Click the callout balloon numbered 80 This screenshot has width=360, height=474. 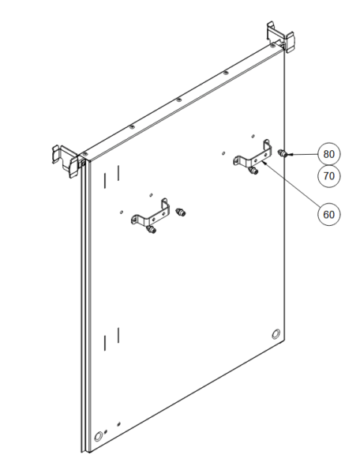click(x=329, y=154)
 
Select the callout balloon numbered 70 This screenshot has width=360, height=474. click(x=329, y=175)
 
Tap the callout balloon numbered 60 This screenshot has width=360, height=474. click(x=329, y=214)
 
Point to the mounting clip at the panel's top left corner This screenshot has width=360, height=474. click(x=67, y=161)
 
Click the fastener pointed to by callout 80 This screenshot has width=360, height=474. click(x=283, y=153)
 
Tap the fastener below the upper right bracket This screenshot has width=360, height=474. click(x=253, y=171)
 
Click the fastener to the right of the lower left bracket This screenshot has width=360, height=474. click(x=181, y=212)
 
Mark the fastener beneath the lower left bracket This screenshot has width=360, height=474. click(x=152, y=230)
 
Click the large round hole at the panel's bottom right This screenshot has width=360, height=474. click(x=276, y=333)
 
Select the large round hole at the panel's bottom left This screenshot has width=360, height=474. click(x=98, y=437)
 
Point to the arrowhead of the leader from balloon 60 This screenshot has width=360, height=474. click(x=264, y=162)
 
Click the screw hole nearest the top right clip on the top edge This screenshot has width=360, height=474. click(x=272, y=46)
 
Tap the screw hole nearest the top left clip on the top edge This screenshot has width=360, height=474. click(x=84, y=154)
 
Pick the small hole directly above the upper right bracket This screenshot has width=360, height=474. click(x=253, y=136)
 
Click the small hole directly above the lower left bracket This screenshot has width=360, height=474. click(x=152, y=194)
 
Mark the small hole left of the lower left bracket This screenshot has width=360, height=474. click(x=121, y=212)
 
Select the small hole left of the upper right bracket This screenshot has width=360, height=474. click(x=223, y=153)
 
